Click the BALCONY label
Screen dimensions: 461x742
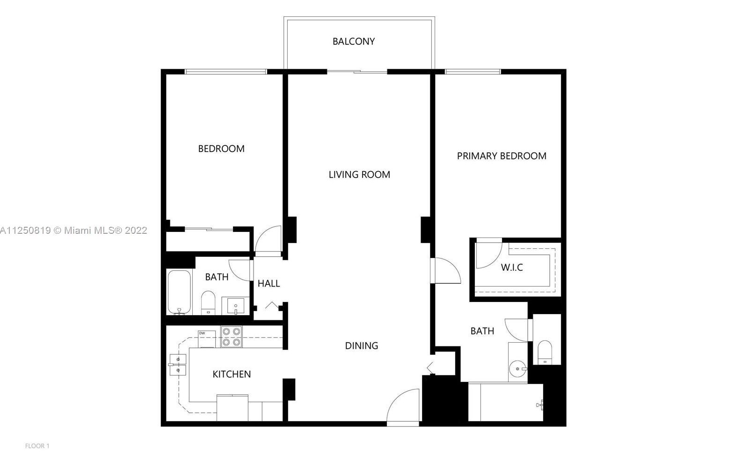click(353, 42)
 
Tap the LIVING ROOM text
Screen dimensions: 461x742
click(359, 175)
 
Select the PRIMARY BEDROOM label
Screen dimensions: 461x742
click(502, 156)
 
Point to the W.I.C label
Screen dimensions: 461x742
click(512, 268)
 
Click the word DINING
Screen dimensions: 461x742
click(361, 346)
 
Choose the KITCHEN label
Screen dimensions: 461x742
click(232, 375)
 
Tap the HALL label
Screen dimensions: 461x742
click(269, 284)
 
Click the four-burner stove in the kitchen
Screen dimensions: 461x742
click(232, 337)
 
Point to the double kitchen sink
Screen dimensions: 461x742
click(177, 365)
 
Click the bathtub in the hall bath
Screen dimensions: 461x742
click(179, 292)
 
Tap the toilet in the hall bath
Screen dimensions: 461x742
click(208, 303)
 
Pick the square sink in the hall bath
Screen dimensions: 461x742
click(235, 306)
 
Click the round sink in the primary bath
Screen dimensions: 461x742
click(517, 368)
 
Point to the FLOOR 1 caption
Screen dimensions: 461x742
click(37, 446)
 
